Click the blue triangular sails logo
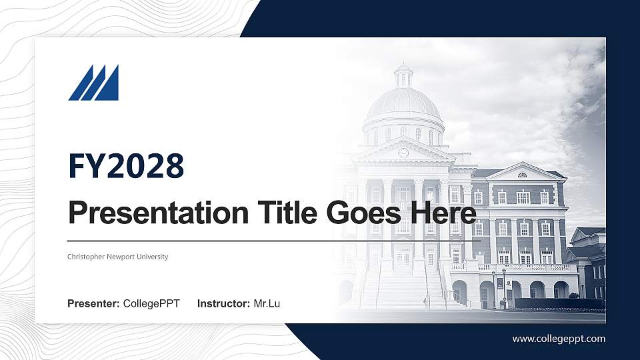pos(93,83)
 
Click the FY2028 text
pos(126,166)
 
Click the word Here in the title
pos(445,213)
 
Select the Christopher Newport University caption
pos(118,257)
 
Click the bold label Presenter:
pos(93,304)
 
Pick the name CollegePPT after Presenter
pos(151,304)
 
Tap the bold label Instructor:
pos(224,304)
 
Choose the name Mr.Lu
pos(267,304)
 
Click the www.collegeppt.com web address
pos(559,339)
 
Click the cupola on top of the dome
pos(403,75)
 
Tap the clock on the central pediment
pos(403,152)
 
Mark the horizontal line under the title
pos(273,241)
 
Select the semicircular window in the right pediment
pos(522,175)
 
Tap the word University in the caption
pos(153,257)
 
